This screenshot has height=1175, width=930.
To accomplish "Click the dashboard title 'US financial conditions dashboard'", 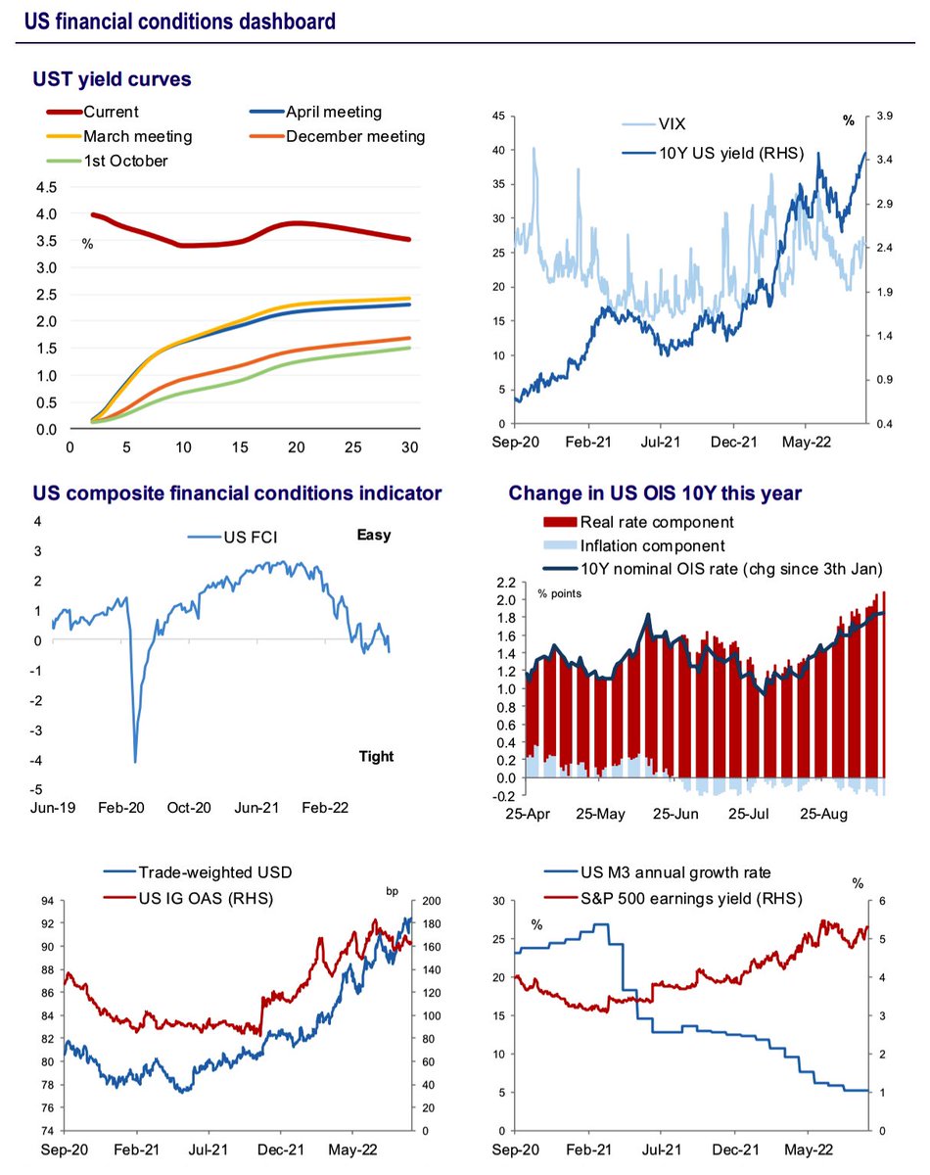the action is click(180, 22).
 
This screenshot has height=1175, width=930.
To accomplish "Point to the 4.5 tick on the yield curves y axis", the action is click(46, 187).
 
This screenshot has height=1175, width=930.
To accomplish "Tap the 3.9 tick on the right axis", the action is click(884, 116).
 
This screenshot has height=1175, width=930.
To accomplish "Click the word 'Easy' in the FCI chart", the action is click(374, 535).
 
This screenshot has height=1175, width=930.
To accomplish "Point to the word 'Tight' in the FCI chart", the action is click(376, 756).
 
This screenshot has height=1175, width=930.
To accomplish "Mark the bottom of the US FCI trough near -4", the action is click(135, 762).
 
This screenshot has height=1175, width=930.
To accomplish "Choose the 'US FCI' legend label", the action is click(251, 538).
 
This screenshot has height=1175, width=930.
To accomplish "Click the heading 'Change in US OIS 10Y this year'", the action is click(655, 493).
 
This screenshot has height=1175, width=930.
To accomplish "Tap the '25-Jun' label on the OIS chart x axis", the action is click(675, 814).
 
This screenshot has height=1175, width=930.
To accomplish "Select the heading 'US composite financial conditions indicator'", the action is click(237, 493).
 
